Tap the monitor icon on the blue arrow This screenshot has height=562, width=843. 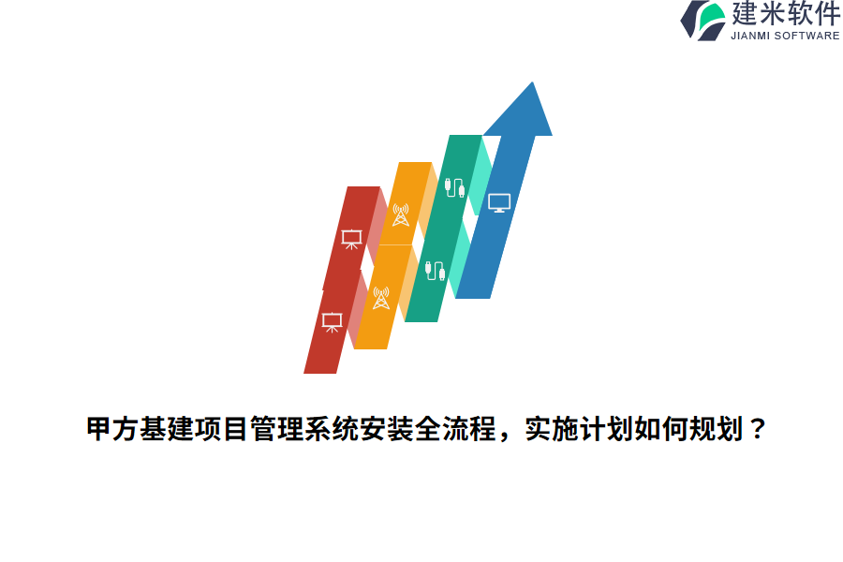click(499, 202)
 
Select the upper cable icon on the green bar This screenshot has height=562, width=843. click(454, 186)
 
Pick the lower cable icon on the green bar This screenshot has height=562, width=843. click(435, 271)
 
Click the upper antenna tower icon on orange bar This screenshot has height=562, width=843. click(401, 214)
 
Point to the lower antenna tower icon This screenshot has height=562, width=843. click(380, 298)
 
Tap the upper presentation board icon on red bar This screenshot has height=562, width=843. click(351, 239)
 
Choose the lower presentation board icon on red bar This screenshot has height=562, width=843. click(332, 321)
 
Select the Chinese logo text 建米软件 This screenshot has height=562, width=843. click(786, 14)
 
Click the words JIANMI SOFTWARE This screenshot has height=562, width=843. click(785, 36)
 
